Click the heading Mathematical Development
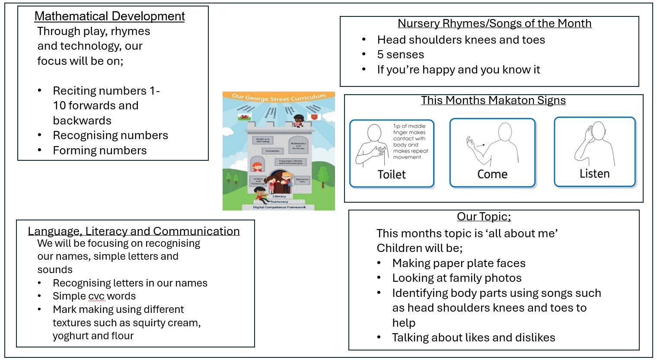click(109, 16)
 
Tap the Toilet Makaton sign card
click(392, 153)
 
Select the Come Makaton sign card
click(492, 153)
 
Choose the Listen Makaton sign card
click(595, 152)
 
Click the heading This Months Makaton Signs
click(493, 100)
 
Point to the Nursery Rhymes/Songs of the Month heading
click(494, 23)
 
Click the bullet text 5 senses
click(400, 54)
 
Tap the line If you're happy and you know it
click(458, 70)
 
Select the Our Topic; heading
click(484, 217)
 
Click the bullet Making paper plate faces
click(459, 263)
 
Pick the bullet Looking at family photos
click(456, 278)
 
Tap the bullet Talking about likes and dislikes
click(473, 338)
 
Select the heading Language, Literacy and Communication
click(134, 231)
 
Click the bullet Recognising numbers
click(110, 135)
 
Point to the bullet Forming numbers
click(99, 150)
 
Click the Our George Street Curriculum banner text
click(278, 97)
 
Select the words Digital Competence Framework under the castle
click(279, 207)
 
